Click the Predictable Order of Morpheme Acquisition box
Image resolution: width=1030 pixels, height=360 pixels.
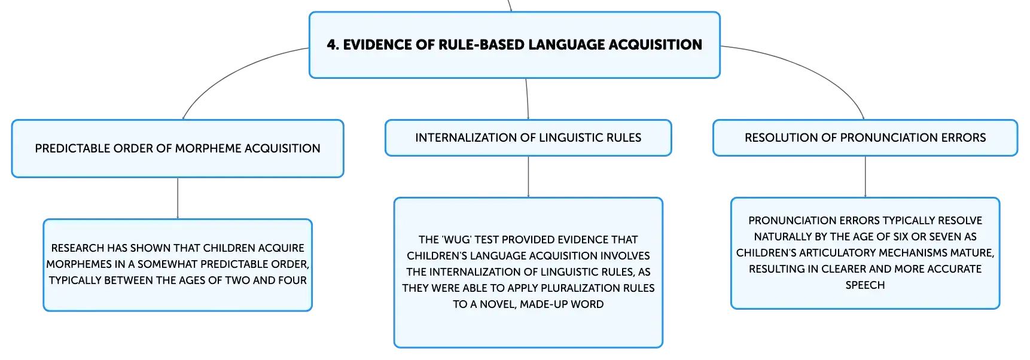click(x=178, y=148)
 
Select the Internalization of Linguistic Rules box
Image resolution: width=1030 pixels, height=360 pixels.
click(x=528, y=138)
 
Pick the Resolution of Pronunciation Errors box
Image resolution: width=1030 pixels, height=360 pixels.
click(x=865, y=138)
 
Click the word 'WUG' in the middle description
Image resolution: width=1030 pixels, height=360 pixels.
click(x=456, y=240)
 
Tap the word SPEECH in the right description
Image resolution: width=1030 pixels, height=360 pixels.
click(x=865, y=285)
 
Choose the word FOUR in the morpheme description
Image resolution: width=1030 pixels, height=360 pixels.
click(x=292, y=280)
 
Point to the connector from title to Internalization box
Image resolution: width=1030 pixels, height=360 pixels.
click(x=527, y=99)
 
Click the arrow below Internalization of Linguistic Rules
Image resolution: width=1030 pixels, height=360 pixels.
click(x=528, y=176)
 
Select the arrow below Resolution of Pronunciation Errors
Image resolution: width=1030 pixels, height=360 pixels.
click(x=865, y=176)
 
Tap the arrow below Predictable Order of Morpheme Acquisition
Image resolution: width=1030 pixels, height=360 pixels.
click(x=178, y=199)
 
